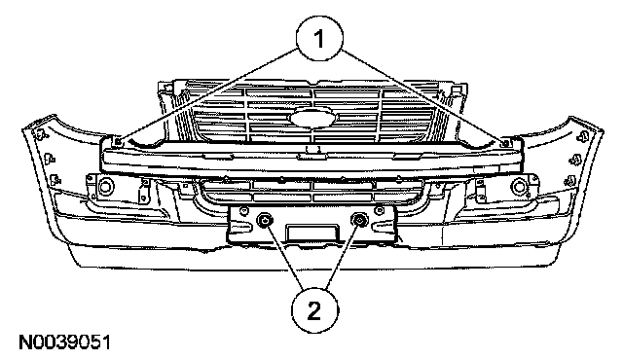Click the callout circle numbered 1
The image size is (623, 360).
(x=319, y=39)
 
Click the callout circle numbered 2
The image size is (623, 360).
(x=315, y=310)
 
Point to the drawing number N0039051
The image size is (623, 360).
(x=65, y=342)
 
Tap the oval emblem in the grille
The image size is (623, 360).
(x=313, y=118)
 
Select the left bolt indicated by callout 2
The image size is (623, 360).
(x=264, y=220)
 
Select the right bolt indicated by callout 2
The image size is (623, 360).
(x=359, y=219)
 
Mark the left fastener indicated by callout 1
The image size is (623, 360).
(x=118, y=141)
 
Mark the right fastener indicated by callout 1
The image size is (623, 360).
(x=505, y=143)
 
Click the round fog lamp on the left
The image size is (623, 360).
(x=106, y=186)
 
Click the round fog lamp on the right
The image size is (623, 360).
(x=519, y=187)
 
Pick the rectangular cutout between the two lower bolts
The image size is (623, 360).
(x=312, y=232)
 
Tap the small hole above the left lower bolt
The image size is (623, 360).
(x=244, y=210)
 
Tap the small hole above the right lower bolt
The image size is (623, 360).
(x=380, y=209)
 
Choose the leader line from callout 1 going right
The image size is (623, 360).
(x=421, y=95)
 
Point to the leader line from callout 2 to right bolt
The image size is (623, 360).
(x=342, y=256)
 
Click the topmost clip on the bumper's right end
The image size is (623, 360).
(x=583, y=136)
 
